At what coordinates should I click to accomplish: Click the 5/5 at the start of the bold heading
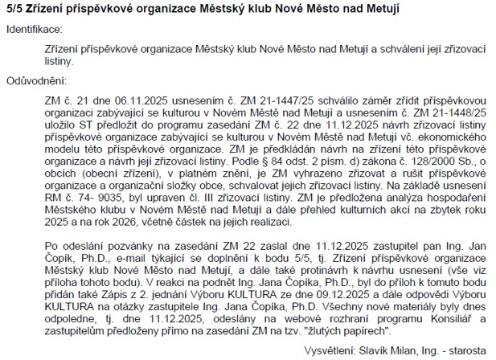tap(14, 8)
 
